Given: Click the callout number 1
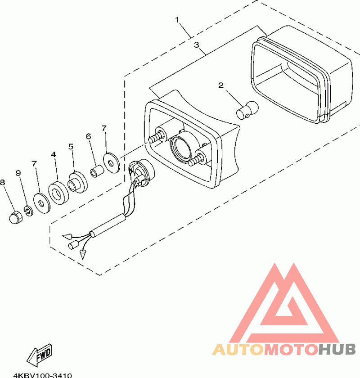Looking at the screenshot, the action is (177, 20).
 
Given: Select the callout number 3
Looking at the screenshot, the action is (196, 45).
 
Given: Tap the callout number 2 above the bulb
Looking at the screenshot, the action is (220, 85).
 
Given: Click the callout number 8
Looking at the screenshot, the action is (3, 182).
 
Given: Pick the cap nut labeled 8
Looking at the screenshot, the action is (15, 216).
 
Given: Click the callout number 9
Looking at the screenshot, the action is (18, 173).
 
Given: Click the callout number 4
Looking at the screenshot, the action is (54, 154).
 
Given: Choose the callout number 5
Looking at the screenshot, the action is (71, 146).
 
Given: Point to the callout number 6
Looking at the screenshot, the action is (88, 136).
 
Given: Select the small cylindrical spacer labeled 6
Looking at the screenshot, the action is (96, 172).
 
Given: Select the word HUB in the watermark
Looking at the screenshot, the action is (337, 349).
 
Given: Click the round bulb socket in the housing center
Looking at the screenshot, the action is (180, 148).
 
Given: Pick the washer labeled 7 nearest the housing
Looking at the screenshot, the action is (110, 160).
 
